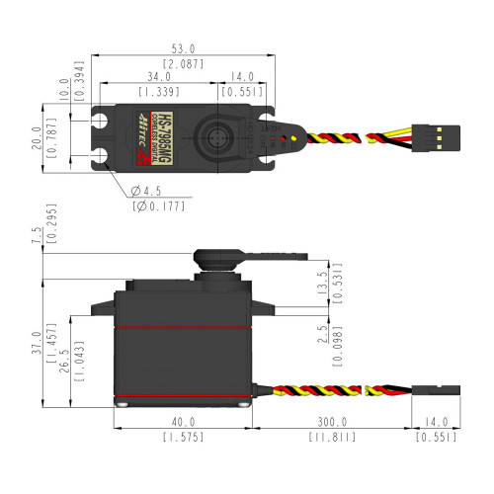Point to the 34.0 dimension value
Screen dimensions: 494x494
[159, 76]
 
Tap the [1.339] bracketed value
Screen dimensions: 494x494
[159, 91]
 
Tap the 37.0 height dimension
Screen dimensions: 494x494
[37, 338]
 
